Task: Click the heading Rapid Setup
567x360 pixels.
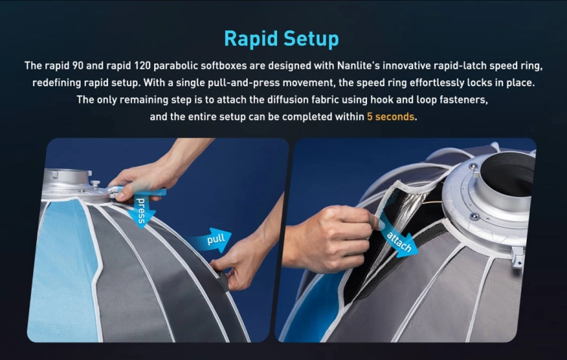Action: point(282,38)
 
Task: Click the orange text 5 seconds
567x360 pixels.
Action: point(391,117)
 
